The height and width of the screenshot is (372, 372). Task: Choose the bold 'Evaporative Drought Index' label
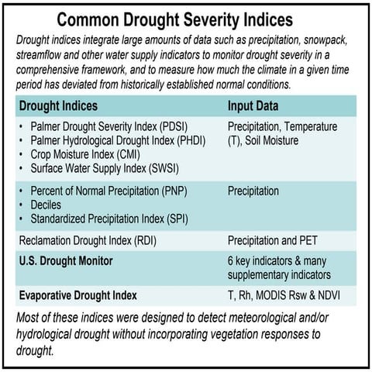(x=77, y=295)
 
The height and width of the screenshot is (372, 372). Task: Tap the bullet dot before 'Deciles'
(x=22, y=205)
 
